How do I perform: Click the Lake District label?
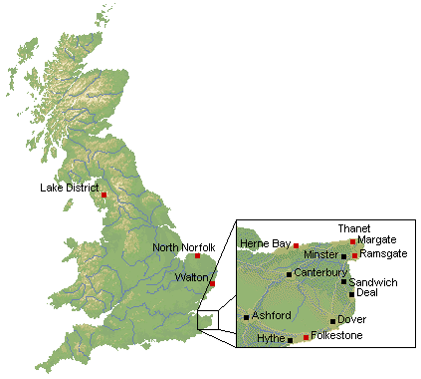(70, 187)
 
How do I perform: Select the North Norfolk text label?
(183, 247)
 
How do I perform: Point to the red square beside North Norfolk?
(197, 256)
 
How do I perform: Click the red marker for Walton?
(212, 284)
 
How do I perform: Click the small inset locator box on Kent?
(206, 320)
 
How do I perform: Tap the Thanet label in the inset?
(352, 228)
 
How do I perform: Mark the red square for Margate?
(352, 241)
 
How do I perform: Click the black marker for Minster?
(343, 256)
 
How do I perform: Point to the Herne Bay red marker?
(296, 245)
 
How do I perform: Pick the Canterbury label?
(320, 272)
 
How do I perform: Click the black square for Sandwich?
(344, 281)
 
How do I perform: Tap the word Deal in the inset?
(366, 292)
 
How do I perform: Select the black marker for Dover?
(333, 321)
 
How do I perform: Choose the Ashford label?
(272, 315)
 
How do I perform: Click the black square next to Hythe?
(290, 341)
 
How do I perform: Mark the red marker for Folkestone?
(306, 338)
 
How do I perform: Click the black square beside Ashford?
(247, 317)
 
